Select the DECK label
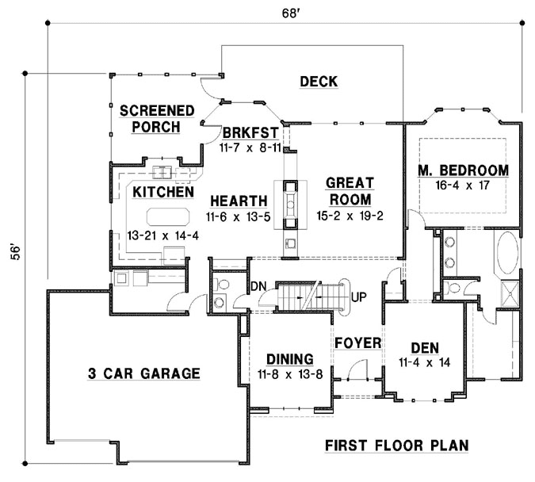pyautogui.click(x=319, y=82)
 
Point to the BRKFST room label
pyautogui.click(x=249, y=132)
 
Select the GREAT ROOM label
pyautogui.click(x=349, y=190)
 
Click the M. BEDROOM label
pyautogui.click(x=463, y=170)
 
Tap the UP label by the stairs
pyautogui.click(x=358, y=297)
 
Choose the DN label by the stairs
pyautogui.click(x=258, y=286)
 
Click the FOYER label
pyautogui.click(x=357, y=342)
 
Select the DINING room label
pyautogui.click(x=289, y=358)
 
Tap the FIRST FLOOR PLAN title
pyautogui.click(x=396, y=446)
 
